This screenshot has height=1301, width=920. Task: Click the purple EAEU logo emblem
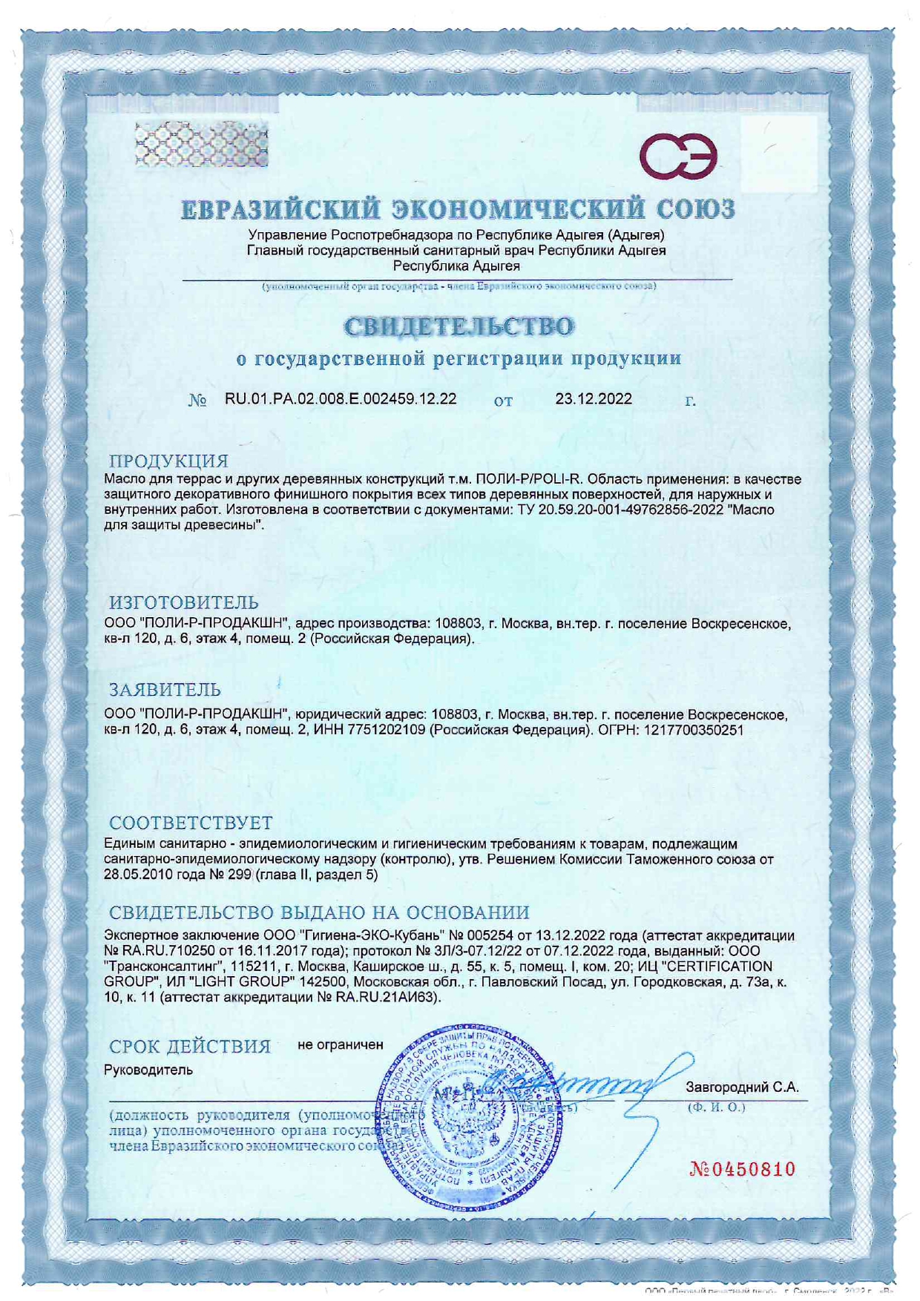pos(678,156)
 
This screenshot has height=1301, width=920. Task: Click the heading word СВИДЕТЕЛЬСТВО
pos(459,326)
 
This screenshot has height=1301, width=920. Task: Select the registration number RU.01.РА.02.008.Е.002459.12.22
pos(341,399)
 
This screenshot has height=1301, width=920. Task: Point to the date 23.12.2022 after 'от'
pos(594,399)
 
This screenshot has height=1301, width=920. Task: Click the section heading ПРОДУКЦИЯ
pos(168,461)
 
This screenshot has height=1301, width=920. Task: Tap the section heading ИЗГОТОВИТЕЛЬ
pos(184,602)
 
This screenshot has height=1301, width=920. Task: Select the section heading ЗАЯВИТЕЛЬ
pos(165,689)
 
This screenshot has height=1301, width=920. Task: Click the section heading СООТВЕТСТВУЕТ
pos(191,823)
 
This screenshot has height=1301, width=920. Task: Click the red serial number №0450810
pos(742,1170)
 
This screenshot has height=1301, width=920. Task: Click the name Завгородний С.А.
pos(742,1087)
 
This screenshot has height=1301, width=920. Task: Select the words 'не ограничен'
pos(341,1044)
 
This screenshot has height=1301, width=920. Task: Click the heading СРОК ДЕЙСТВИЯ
pos(190,1047)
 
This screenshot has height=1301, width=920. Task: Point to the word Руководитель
pos(148,1070)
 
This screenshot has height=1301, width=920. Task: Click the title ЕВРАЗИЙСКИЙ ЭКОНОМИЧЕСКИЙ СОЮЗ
pos(459,209)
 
